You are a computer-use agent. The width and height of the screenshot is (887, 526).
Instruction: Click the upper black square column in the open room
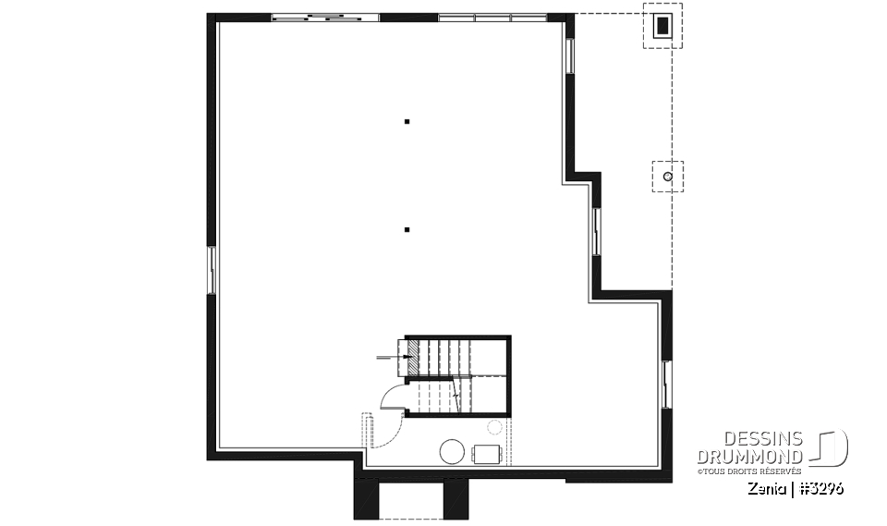tap(407, 121)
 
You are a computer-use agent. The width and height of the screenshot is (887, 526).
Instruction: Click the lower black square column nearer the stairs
tap(407, 229)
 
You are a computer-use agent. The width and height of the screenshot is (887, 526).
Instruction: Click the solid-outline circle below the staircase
tap(452, 452)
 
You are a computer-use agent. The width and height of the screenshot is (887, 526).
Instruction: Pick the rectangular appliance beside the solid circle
tap(487, 453)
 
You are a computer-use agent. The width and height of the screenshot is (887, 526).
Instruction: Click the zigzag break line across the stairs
tap(456, 395)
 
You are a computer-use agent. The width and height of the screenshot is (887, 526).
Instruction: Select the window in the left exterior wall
tap(212, 270)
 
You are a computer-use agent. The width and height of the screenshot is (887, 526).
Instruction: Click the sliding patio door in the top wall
tap(325, 16)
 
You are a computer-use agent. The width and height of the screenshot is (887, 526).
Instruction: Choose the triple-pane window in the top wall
tap(492, 17)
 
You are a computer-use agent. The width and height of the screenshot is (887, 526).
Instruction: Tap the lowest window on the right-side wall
tap(666, 385)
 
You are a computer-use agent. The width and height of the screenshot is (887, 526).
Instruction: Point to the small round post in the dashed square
tap(667, 175)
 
